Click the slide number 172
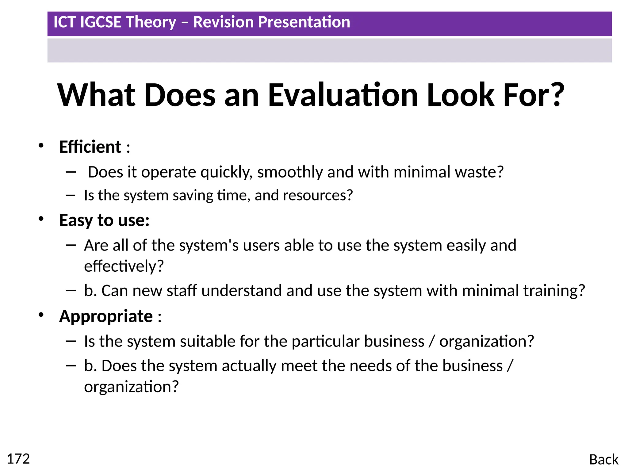click(x=18, y=459)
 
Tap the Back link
click(x=603, y=460)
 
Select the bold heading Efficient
click(x=90, y=147)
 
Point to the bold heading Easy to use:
click(x=104, y=220)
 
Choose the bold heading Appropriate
click(x=106, y=316)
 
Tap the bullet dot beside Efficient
click(x=41, y=145)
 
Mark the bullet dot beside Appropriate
click(x=41, y=315)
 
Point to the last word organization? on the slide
click(x=131, y=387)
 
